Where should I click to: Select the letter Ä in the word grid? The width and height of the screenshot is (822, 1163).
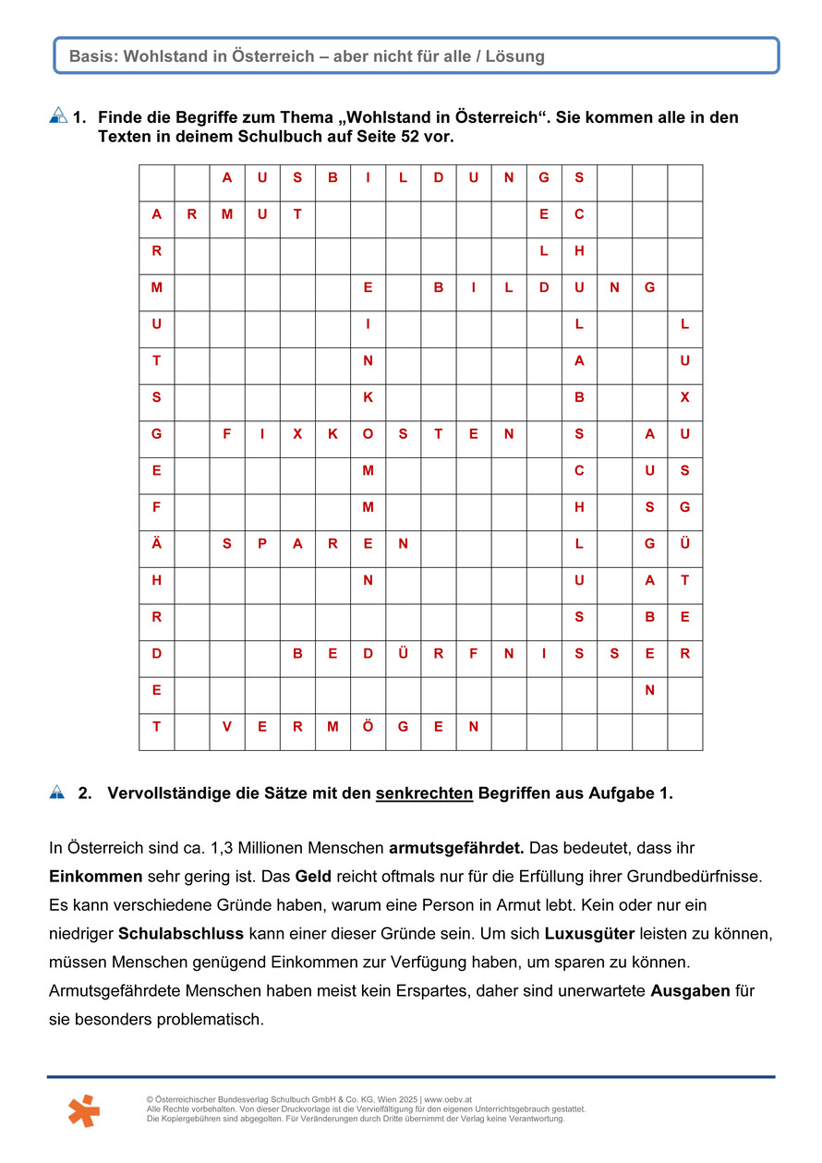(157, 544)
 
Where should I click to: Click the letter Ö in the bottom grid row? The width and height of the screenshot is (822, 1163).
(368, 726)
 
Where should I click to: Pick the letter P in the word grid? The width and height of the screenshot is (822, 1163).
(262, 544)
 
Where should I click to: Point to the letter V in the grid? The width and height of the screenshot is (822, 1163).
(227, 726)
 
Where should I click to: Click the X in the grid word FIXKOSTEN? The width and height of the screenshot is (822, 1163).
(297, 434)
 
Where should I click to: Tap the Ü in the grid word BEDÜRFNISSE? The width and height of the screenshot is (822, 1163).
(403, 653)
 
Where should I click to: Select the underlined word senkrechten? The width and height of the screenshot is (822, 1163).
(424, 794)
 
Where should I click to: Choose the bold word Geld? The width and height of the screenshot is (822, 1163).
(312, 875)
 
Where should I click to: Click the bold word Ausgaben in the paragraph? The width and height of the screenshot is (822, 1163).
(690, 991)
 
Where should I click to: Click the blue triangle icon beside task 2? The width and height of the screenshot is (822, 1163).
(57, 792)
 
